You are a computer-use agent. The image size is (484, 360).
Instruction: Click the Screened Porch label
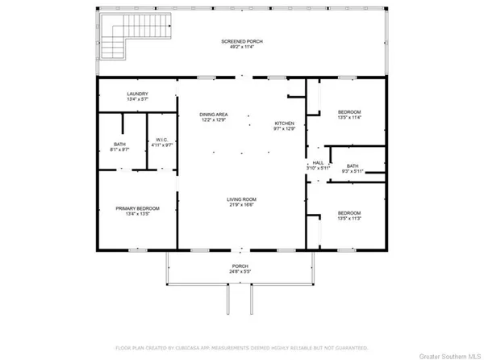pyautogui.click(x=242, y=41)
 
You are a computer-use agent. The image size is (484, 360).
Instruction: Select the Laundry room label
pyautogui.click(x=137, y=94)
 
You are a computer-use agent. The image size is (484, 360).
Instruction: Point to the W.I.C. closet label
pyautogui.click(x=161, y=140)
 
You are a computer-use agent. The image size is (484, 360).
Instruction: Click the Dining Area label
pyautogui.click(x=214, y=115)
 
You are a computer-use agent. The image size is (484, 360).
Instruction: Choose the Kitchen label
pyautogui.click(x=282, y=122)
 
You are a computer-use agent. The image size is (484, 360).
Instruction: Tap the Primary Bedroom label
pyautogui.click(x=137, y=208)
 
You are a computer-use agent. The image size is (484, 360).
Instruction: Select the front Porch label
pyautogui.click(x=240, y=266)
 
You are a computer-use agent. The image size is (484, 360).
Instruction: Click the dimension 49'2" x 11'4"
pyautogui.click(x=242, y=47)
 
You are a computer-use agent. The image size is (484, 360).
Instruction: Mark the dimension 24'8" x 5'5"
pyautogui.click(x=240, y=271)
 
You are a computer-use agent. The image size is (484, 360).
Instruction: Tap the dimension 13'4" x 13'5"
pyautogui.click(x=137, y=214)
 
